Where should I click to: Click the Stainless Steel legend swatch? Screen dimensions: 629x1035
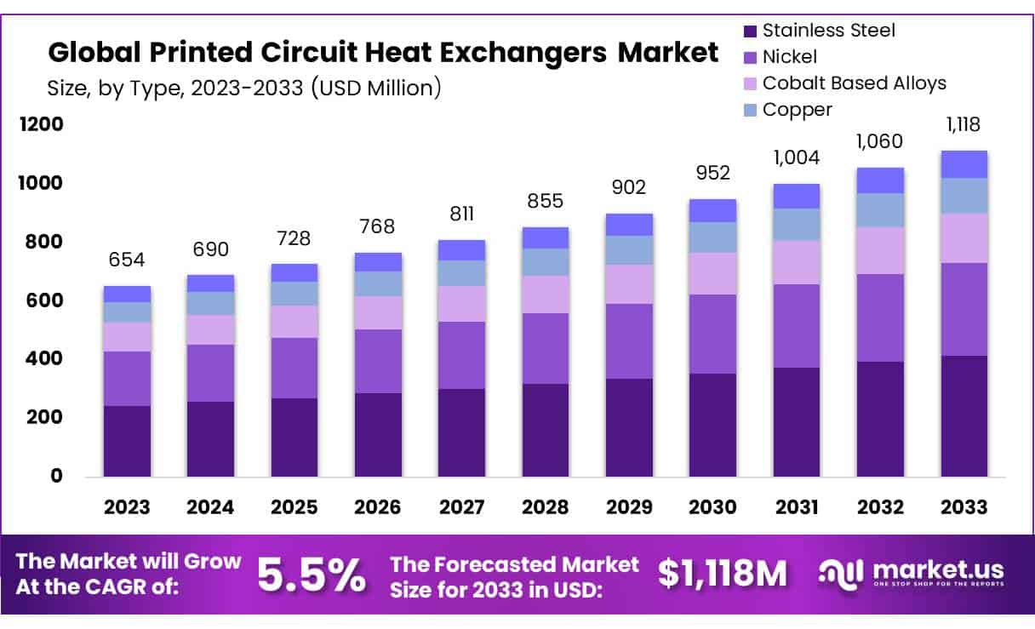(x=750, y=31)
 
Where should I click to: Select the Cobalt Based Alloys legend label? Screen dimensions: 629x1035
(x=854, y=83)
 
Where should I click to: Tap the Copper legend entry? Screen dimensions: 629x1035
(x=797, y=109)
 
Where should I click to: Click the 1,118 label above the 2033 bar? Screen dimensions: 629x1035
(x=964, y=125)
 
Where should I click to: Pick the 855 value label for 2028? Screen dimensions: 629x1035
(x=546, y=202)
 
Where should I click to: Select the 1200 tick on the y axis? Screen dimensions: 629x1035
(x=42, y=125)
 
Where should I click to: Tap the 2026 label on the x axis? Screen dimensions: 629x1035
(x=378, y=507)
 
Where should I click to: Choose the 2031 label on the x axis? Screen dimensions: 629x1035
(x=797, y=507)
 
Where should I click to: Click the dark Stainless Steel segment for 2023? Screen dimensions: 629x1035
(x=127, y=441)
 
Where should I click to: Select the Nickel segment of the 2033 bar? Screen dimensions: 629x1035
(x=964, y=310)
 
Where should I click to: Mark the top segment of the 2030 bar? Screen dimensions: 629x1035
(x=712, y=210)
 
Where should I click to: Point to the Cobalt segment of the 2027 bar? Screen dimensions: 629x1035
(x=462, y=304)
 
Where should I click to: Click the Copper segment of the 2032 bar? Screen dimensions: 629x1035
(x=880, y=210)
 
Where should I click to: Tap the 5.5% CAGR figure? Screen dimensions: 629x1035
(x=311, y=575)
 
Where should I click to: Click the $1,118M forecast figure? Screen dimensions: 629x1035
(x=723, y=575)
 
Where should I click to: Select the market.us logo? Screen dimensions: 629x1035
(x=912, y=573)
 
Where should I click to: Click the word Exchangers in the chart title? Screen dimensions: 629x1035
(x=526, y=53)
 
